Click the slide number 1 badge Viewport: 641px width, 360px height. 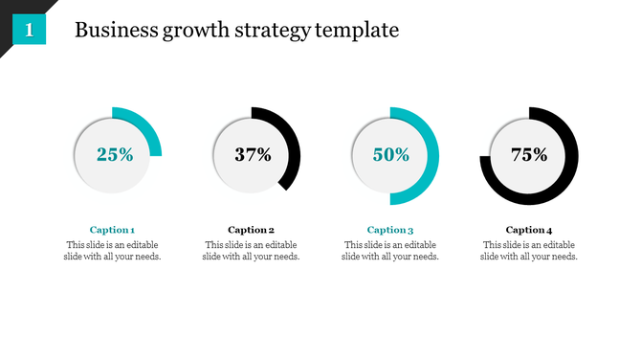[30, 31]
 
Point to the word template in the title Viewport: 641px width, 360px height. [358, 31]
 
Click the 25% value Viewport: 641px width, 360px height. [114, 154]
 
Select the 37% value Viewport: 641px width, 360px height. [253, 154]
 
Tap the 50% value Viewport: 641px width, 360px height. [391, 154]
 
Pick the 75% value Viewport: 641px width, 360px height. [529, 154]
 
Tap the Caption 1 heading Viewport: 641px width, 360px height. [112, 230]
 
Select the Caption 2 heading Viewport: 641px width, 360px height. [252, 230]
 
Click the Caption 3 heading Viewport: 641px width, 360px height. [390, 230]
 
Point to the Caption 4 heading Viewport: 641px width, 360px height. [529, 230]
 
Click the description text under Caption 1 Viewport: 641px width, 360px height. [112, 251]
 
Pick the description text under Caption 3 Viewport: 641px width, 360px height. [390, 251]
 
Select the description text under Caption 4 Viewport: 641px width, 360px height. [529, 251]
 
